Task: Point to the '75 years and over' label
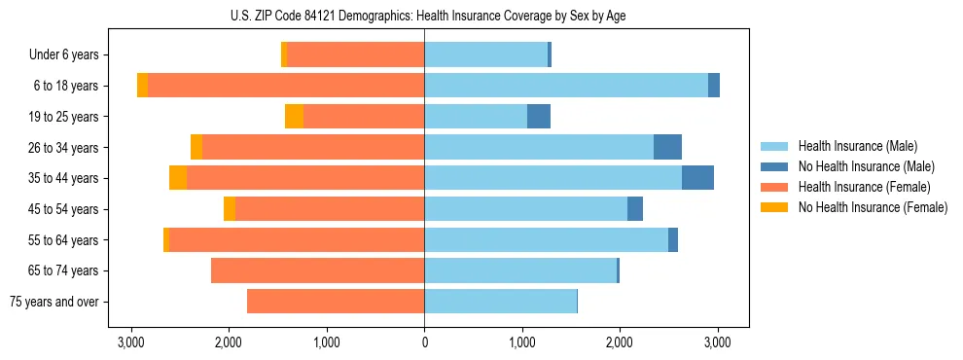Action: coord(54,302)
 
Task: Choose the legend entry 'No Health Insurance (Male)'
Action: coord(866,166)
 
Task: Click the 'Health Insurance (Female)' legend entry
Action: coord(866,187)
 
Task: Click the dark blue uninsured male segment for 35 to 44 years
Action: coord(697,178)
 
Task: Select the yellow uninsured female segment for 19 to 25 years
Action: coord(294,117)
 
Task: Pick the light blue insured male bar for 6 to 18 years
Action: coord(566,86)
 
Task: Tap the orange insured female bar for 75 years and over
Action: coord(336,302)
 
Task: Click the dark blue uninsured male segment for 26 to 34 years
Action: coord(667,147)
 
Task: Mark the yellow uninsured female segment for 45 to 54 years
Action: coord(230,209)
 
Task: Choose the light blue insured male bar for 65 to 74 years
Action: coord(520,270)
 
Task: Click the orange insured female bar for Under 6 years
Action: coord(356,55)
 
